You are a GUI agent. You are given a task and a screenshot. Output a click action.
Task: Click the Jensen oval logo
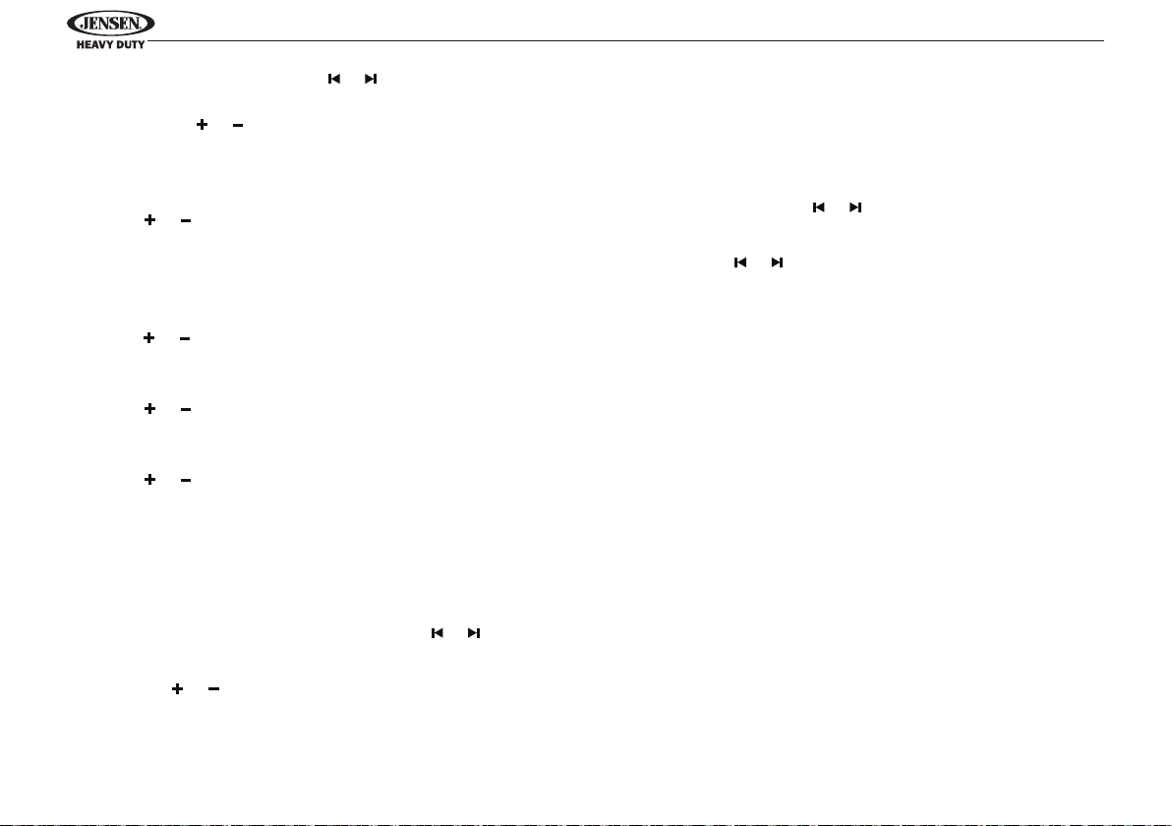tap(111, 24)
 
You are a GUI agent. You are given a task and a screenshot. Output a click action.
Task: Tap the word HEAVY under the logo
tap(94, 45)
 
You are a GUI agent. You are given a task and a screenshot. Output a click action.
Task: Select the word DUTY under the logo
tap(130, 45)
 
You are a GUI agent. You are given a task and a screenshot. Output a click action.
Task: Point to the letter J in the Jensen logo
tap(85, 24)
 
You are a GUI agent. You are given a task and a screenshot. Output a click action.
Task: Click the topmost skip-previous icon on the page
tap(334, 79)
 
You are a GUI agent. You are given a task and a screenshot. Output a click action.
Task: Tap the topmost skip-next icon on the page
tap(371, 79)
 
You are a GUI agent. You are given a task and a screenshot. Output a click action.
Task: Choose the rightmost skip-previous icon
tap(818, 207)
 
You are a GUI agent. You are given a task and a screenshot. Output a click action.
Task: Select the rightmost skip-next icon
tap(855, 207)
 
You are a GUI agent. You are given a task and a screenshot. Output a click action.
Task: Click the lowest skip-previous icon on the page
tap(438, 633)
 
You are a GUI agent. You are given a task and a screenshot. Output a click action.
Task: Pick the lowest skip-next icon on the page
tap(474, 633)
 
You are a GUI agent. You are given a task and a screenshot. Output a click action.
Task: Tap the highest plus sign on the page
tap(202, 124)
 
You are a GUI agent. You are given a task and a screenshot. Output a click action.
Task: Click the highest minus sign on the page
tap(238, 125)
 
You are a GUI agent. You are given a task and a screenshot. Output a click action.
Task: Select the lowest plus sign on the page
tap(177, 688)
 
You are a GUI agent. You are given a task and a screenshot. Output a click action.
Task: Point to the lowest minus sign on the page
tap(213, 688)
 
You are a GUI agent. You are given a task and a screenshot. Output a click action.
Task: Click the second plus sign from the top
tap(150, 219)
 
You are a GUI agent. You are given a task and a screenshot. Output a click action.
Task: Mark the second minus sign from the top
tap(186, 220)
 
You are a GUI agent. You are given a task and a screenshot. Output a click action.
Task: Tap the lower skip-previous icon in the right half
tap(740, 263)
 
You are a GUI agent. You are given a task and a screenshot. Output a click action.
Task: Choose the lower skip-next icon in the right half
tap(778, 263)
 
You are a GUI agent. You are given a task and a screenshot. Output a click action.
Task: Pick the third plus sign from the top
tap(148, 338)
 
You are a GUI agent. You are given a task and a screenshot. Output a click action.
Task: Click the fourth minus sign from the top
tap(186, 410)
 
